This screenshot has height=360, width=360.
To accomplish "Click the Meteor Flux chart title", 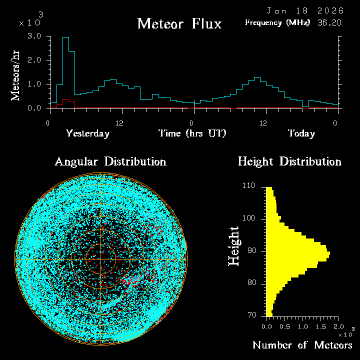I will pos(179,23).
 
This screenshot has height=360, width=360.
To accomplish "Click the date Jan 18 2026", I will pos(305,10).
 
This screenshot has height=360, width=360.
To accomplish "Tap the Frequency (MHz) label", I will pos(277,22).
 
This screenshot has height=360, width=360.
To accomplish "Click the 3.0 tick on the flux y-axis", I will pos(34,36).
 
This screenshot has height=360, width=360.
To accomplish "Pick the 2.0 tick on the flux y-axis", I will pos(34,60).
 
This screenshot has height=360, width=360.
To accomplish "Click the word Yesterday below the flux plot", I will pos(87,133).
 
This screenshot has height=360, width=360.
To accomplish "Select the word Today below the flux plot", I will pos(301,133).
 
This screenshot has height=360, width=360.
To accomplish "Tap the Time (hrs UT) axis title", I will pos(192,133).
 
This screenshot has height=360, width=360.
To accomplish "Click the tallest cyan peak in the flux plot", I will pos(65,38).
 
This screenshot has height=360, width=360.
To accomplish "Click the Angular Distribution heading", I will pos(110,161).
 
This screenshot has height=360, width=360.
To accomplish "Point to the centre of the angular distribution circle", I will pos(101,259).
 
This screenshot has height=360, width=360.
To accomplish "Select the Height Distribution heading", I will pos(289,161).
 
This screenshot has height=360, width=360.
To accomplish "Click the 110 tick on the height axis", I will pos(248,186).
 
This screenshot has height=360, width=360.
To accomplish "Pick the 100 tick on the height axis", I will pos(248,218).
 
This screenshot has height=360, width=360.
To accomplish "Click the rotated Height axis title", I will pos(233,246).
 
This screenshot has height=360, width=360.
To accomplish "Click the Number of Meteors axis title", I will pos(302,345).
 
